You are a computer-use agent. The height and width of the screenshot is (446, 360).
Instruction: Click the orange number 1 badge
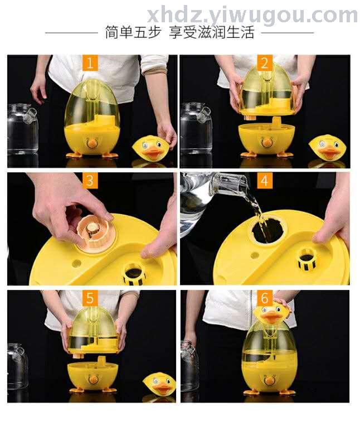point(90,63)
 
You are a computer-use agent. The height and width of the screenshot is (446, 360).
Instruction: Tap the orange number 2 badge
point(265,63)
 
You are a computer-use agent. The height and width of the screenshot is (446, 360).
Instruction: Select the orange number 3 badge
point(90,181)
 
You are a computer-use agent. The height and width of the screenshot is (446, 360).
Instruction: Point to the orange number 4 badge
point(265,181)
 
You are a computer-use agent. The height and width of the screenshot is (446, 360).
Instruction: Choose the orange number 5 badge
point(90,298)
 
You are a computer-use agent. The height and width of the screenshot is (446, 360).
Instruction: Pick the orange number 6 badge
point(265,298)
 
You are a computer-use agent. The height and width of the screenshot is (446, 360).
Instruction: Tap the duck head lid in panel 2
point(327,148)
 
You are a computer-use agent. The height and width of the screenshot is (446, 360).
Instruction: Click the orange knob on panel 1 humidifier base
point(91,143)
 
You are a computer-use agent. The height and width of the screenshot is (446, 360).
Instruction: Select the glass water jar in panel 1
point(22,129)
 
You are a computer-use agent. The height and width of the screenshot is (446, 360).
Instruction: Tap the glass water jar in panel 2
point(196,128)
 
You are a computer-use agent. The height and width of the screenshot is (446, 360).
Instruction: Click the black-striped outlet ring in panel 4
point(307,259)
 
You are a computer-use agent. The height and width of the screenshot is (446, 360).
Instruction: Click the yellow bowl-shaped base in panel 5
point(93,376)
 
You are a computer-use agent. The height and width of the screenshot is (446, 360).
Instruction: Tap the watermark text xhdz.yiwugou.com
point(252,16)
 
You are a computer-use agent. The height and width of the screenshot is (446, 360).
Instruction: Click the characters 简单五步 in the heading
point(133,32)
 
